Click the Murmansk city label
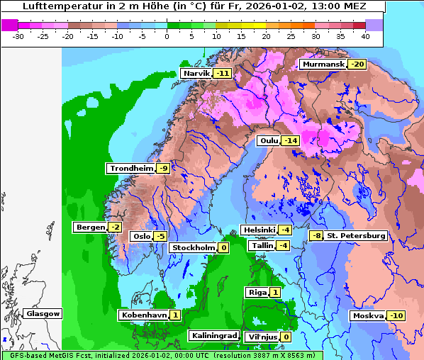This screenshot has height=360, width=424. point(323,64)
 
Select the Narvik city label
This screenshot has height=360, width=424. point(196,74)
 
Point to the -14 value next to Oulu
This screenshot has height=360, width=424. point(290,141)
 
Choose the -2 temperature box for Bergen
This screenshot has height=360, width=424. point(115,227)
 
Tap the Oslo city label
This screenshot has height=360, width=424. point(141,237)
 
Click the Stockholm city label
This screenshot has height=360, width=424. point(192,248)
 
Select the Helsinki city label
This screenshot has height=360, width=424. point(259,230)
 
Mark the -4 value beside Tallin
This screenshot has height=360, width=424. point(283,246)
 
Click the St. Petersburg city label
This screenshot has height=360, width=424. point(356,235)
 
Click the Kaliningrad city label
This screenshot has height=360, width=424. point(213,335)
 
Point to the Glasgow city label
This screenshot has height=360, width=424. point(43,314)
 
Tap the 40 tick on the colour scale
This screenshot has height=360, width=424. point(364,35)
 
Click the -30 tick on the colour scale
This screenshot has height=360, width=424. point(18,35)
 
